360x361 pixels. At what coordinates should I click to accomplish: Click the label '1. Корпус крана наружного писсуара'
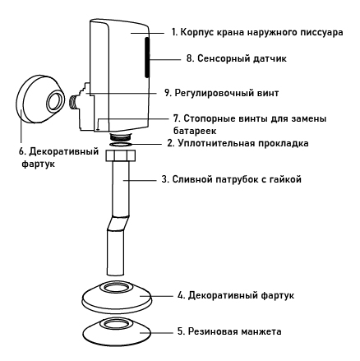(x=257, y=32)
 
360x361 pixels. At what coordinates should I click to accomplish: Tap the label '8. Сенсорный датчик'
(x=237, y=58)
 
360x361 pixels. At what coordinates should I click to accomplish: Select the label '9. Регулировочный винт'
(x=221, y=93)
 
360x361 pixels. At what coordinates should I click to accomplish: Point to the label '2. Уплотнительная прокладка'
(x=238, y=143)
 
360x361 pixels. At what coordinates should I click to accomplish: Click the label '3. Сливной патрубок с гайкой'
(x=232, y=179)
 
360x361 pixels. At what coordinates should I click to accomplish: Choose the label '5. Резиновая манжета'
(x=229, y=331)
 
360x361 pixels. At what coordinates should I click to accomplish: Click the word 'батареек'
(x=195, y=131)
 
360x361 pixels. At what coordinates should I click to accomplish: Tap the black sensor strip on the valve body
(x=147, y=57)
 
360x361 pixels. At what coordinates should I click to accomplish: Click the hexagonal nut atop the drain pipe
(x=120, y=155)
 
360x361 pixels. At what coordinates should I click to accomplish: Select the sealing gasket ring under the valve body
(x=121, y=144)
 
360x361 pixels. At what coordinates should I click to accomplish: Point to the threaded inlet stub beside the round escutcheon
(x=73, y=101)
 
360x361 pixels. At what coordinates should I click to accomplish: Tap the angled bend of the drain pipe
(x=118, y=223)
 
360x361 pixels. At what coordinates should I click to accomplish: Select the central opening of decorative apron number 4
(x=116, y=288)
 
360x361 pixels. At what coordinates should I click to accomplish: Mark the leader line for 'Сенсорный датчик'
(x=165, y=58)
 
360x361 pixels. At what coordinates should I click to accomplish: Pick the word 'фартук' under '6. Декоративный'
(x=38, y=164)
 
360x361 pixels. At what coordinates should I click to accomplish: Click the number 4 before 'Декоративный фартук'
(x=181, y=295)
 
